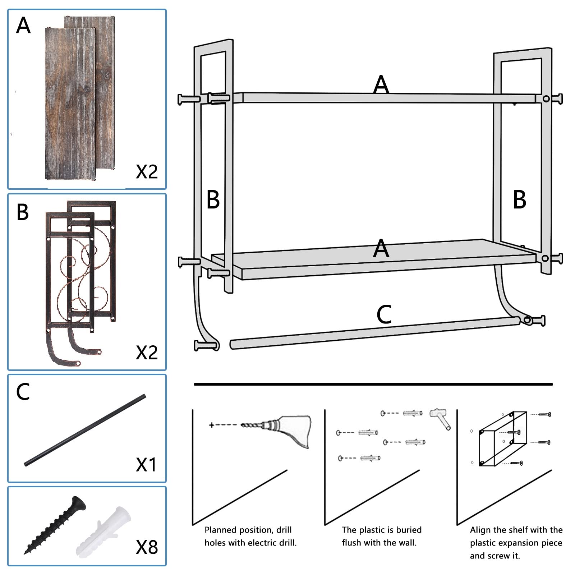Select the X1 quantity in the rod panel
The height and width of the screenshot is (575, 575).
point(146,464)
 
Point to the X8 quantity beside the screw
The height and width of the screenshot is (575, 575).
point(147,547)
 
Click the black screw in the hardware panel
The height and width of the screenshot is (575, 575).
point(55,525)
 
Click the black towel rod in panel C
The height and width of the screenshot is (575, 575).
point(85,431)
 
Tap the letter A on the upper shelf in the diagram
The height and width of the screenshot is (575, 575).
point(381,85)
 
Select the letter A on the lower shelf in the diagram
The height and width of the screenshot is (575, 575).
point(381,249)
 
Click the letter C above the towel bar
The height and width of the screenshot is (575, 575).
point(384,314)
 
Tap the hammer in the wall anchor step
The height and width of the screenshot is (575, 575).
point(441,418)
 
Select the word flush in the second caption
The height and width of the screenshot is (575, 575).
point(351,543)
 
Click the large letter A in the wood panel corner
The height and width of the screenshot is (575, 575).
point(23,26)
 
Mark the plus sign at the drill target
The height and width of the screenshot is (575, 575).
point(211,425)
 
